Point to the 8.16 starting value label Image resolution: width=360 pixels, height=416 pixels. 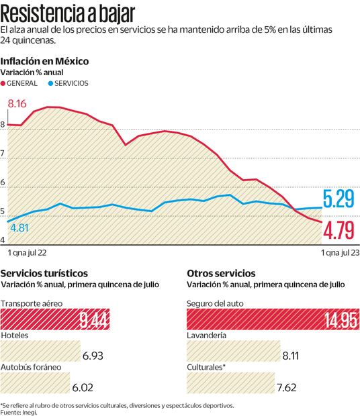[x=17, y=104]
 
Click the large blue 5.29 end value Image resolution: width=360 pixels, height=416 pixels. [x=339, y=199]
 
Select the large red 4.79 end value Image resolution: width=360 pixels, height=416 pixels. [x=340, y=231]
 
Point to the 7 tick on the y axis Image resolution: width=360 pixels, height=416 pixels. [x=3, y=154]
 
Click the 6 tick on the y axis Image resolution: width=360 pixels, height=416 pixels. [x=3, y=183]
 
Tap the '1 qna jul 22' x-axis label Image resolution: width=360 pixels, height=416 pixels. [x=26, y=254]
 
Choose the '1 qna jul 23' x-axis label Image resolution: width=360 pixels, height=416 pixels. [x=339, y=254]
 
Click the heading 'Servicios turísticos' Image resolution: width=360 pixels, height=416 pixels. [x=44, y=274]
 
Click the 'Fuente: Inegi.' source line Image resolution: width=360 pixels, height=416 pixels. [x=20, y=413]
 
